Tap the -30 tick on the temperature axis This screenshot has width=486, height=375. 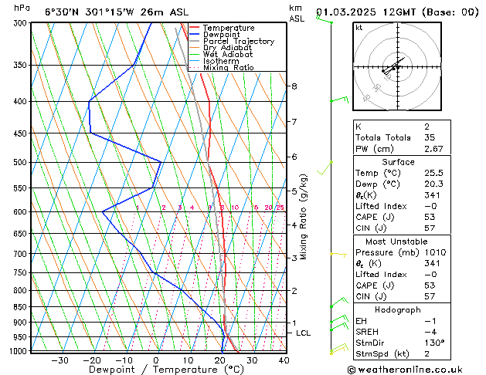[59, 360]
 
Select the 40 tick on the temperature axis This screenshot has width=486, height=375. [284, 360]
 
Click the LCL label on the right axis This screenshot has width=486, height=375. [304, 333]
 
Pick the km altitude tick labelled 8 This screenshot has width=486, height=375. [294, 86]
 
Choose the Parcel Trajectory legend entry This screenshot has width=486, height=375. [238, 42]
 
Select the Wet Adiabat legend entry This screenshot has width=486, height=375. [228, 55]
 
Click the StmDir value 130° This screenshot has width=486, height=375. [433, 343]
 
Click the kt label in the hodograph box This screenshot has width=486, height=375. [359, 28]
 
